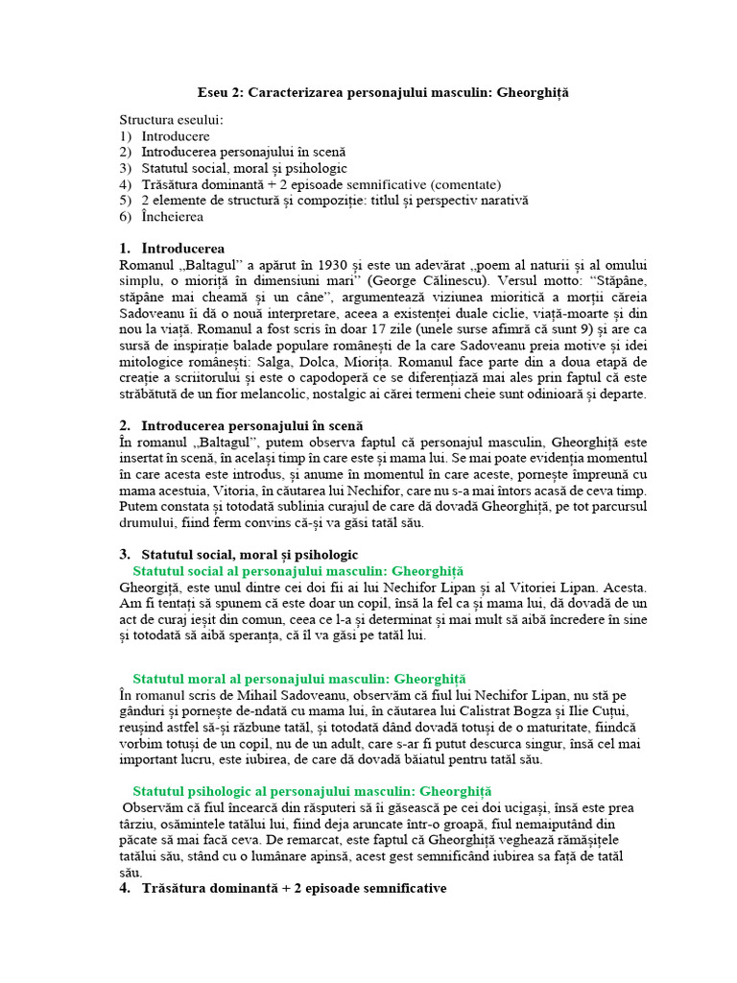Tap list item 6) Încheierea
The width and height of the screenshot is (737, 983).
point(173,217)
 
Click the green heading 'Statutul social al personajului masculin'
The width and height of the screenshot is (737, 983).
point(297,570)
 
